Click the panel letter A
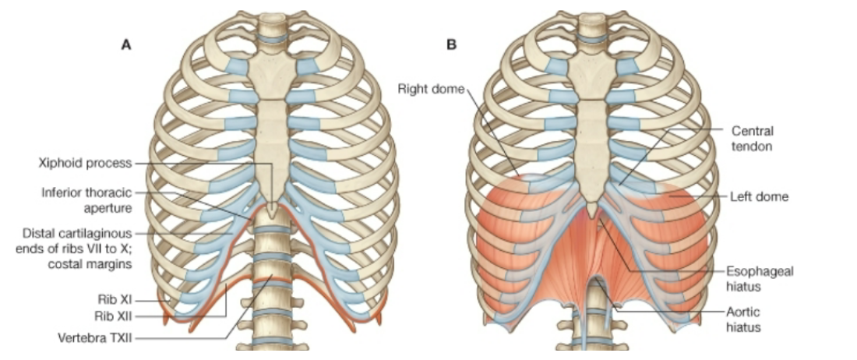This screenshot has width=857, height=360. click(125, 45)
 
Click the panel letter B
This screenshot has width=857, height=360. click(451, 45)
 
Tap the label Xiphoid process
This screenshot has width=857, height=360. click(85, 163)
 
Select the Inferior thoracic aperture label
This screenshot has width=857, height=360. click(86, 199)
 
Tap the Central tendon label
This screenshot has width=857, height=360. click(752, 139)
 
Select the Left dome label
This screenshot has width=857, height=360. click(760, 197)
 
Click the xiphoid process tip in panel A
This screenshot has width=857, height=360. click(270, 210)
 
